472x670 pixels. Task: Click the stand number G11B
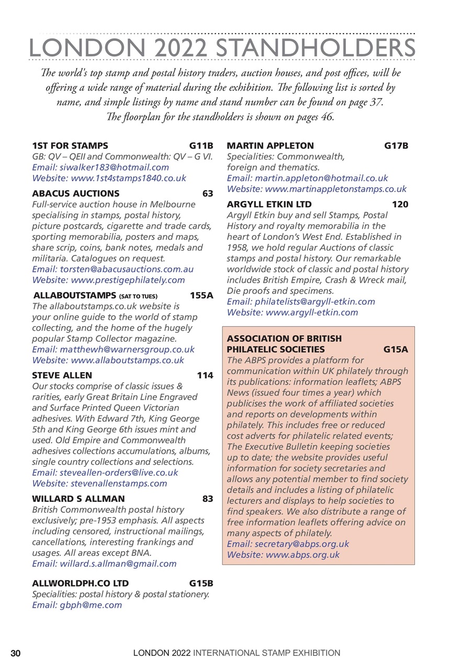[x=201, y=146]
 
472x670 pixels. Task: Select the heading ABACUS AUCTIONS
[x=75, y=193]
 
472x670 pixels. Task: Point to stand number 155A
[x=201, y=295]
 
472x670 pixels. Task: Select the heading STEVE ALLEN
[x=62, y=375]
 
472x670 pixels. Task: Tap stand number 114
[x=205, y=375]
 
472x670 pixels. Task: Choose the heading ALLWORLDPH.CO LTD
[x=80, y=583]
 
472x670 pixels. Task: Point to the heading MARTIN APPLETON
[x=270, y=146]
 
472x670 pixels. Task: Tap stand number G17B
[x=396, y=146]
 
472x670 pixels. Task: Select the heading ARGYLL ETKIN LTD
[x=269, y=204]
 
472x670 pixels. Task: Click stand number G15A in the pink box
[x=396, y=349]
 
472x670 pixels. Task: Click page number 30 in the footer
[x=16, y=653]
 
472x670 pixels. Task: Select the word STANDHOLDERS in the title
[x=316, y=48]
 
